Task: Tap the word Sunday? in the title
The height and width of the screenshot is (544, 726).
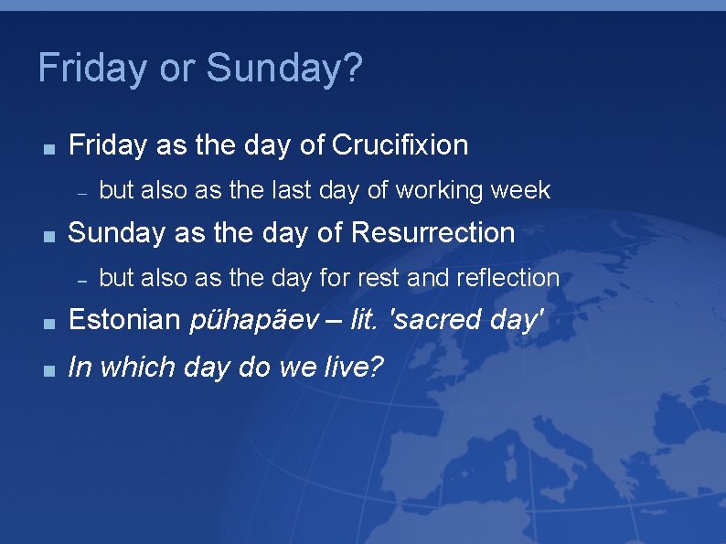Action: pyautogui.click(x=284, y=69)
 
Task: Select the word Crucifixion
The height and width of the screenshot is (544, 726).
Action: pyautogui.click(x=400, y=144)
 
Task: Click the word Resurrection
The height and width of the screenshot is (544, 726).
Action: pyautogui.click(x=432, y=232)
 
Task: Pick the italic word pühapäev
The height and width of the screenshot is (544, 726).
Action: pyautogui.click(x=256, y=320)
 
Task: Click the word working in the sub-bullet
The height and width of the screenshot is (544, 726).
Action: pyautogui.click(x=442, y=190)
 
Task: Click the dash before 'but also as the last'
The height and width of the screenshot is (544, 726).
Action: pyautogui.click(x=81, y=192)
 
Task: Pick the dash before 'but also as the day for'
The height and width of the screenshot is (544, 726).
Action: pyautogui.click(x=81, y=279)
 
